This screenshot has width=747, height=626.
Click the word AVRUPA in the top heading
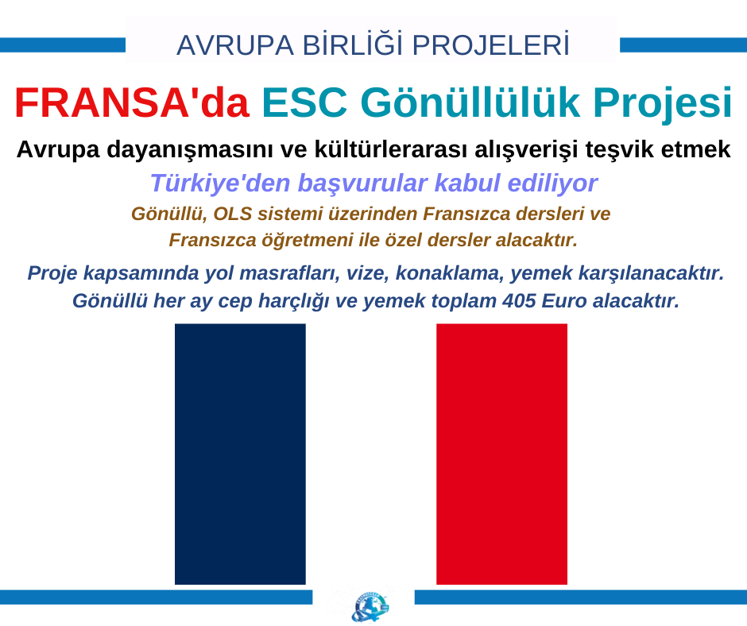[x=235, y=46]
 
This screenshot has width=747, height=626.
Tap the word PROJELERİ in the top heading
[x=490, y=44]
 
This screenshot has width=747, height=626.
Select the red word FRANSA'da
[x=132, y=102]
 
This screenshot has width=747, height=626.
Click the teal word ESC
[x=304, y=102]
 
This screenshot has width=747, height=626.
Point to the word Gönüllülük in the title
[x=470, y=102]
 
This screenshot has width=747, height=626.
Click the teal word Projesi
[x=663, y=104]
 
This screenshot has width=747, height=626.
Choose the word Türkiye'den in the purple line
[x=220, y=183]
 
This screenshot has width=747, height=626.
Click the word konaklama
[x=450, y=273]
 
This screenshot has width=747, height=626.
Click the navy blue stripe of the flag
[x=240, y=454]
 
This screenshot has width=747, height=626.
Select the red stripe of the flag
[x=501, y=454]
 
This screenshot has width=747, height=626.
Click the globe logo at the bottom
[x=370, y=606]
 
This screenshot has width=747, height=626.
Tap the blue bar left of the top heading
[x=63, y=45]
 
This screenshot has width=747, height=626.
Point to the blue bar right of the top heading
[x=683, y=45]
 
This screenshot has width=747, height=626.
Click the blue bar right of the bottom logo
[x=581, y=597]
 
